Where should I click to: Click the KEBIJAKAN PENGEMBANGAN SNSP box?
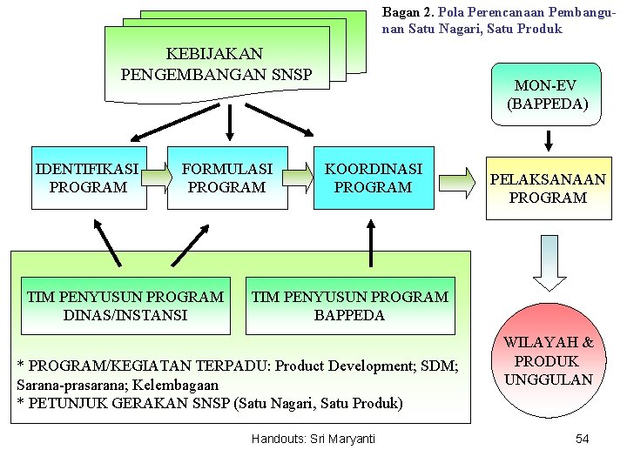pyautogui.click(x=216, y=63)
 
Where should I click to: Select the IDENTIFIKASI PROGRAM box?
pyautogui.click(x=88, y=178)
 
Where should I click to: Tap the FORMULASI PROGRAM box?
pyautogui.click(x=226, y=178)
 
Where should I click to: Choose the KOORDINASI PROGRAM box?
pyautogui.click(x=373, y=178)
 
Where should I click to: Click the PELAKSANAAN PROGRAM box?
pyautogui.click(x=548, y=188)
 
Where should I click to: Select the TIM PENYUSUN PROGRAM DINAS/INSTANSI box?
pyautogui.click(x=125, y=305)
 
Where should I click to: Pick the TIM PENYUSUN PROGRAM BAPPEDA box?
pyautogui.click(x=350, y=305)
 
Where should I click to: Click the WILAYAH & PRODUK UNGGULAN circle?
pyautogui.click(x=549, y=361)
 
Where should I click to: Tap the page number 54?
pyautogui.click(x=583, y=439)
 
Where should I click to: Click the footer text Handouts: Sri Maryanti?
pyautogui.click(x=313, y=439)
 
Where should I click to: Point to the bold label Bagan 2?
pyautogui.click(x=408, y=13)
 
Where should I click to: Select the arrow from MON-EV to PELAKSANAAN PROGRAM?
pyautogui.click(x=549, y=138)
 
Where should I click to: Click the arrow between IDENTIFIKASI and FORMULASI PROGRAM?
pyautogui.click(x=156, y=178)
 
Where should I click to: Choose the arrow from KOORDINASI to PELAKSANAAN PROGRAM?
pyautogui.click(x=458, y=182)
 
